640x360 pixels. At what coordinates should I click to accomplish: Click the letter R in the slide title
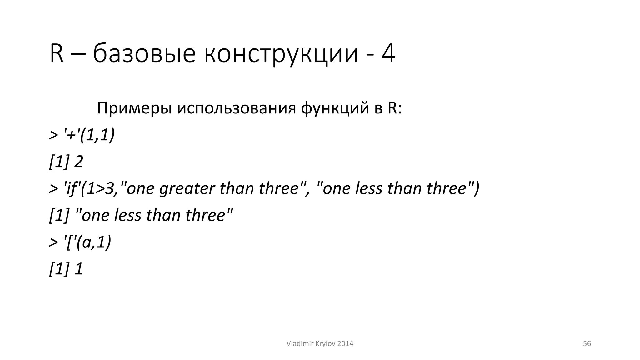[57, 54]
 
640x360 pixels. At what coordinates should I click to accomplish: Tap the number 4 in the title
[388, 54]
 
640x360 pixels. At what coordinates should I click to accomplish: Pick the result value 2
[78, 162]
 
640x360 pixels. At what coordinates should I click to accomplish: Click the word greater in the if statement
[187, 189]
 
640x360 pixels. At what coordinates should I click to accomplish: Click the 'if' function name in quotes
[71, 189]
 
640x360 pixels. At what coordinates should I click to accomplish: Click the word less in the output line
[127, 216]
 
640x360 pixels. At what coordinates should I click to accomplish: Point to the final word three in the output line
[205, 216]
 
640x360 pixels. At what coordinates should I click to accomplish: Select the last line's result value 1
[79, 269]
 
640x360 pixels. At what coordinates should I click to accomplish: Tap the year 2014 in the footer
[345, 344]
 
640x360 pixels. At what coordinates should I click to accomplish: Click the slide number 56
[587, 344]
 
